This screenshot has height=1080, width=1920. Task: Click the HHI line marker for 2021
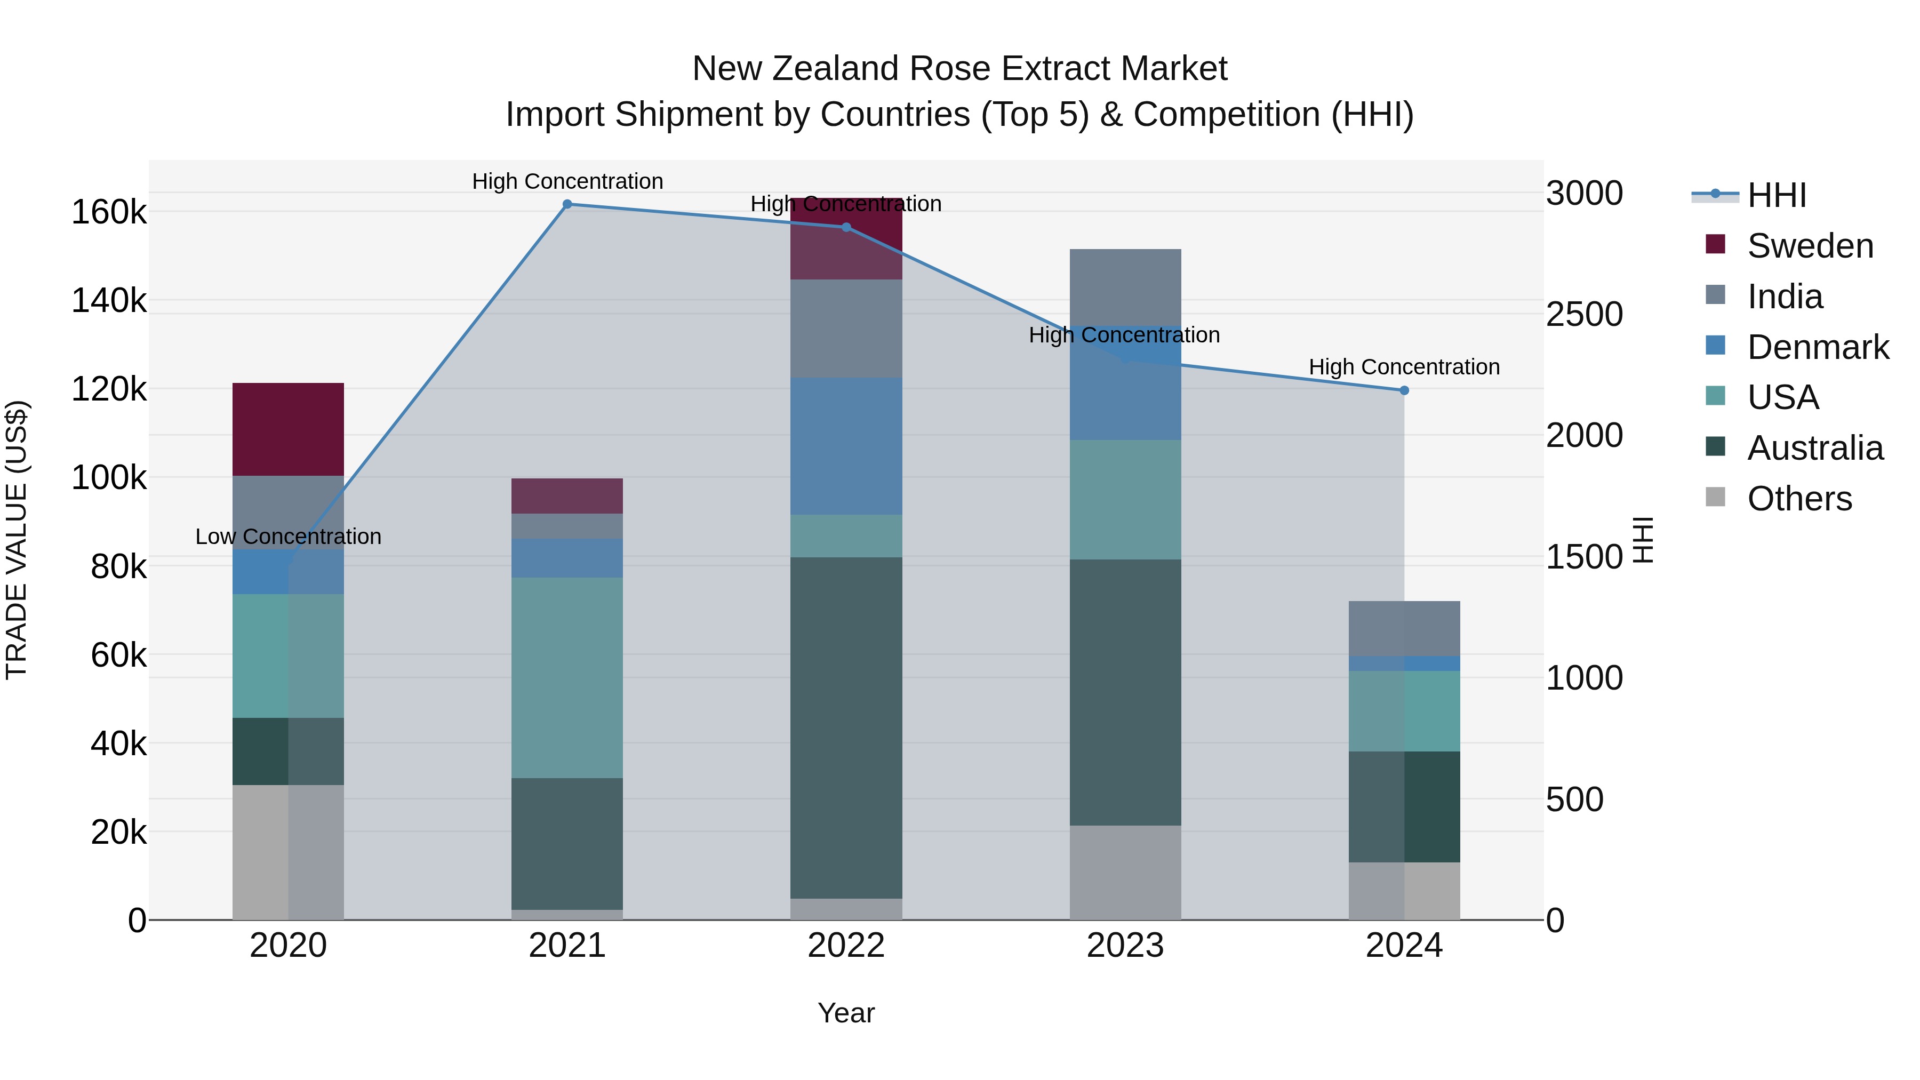point(567,204)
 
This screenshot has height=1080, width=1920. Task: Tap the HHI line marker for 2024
point(1404,390)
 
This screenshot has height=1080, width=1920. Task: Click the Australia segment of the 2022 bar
point(846,727)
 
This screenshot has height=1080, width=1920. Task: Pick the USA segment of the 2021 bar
point(567,677)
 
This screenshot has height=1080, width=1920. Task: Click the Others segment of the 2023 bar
point(1125,872)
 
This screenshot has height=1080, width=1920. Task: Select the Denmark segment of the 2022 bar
point(846,446)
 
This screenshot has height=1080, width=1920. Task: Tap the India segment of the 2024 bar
point(1404,628)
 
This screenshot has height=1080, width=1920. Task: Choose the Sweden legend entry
point(1810,246)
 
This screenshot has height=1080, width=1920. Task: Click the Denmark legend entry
point(1817,347)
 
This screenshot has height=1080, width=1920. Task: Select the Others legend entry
point(1799,499)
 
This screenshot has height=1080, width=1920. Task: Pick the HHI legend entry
point(1776,195)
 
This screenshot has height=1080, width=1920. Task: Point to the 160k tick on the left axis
point(109,212)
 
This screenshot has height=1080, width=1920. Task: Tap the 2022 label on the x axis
point(846,946)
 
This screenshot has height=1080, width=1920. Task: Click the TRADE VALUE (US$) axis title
point(17,540)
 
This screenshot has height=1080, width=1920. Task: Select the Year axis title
point(846,1013)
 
